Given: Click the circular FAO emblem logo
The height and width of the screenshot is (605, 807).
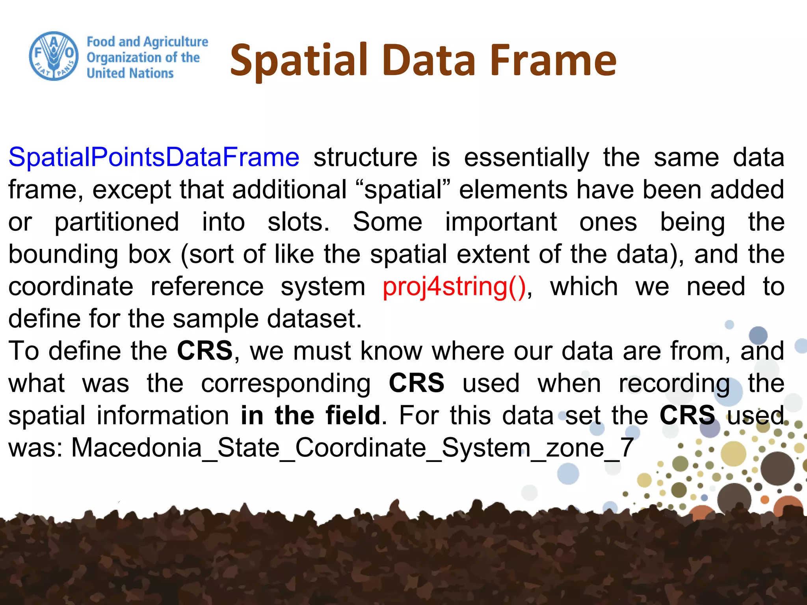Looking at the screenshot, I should coord(54,56).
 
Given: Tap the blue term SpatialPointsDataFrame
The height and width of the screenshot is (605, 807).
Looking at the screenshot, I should coord(154,157).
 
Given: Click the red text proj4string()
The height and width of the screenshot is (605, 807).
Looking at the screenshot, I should coord(454,287).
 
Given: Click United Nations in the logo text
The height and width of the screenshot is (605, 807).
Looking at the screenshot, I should coord(130,73).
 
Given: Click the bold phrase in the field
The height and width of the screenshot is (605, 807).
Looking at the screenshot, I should coord(311,416).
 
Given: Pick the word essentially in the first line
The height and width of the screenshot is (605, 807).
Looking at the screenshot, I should coord(526,158).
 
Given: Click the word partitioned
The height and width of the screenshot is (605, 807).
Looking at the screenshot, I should coord(117,222).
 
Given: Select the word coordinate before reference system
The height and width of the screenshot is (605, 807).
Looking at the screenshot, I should coord(71,287).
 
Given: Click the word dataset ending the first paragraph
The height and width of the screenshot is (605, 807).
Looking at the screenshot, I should coord(314,319).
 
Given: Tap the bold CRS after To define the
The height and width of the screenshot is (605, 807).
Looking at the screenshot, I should coord(205,351).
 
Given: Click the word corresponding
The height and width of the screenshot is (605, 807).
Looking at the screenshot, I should coord(286,384).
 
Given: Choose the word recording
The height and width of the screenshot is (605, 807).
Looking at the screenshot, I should coord(674,384).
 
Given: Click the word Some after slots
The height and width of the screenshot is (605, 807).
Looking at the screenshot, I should coord(387,222).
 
